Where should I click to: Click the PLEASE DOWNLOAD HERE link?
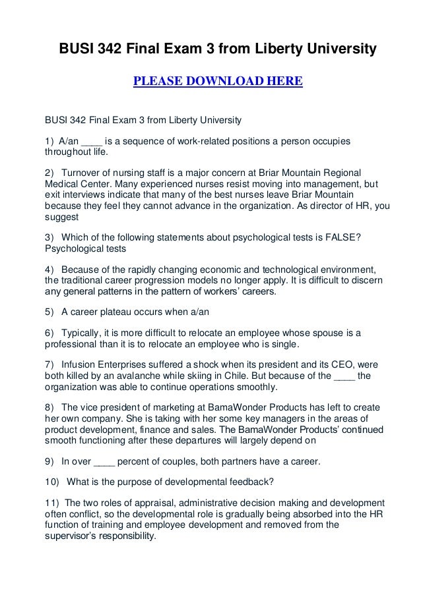tap(218, 82)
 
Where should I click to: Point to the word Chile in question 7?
tap(269, 376)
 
